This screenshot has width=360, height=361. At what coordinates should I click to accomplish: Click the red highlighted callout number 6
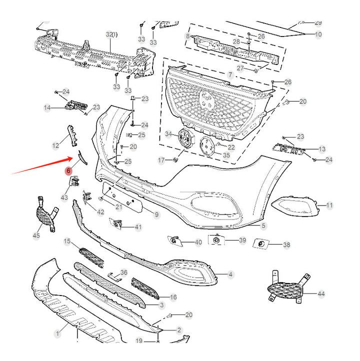(x=68, y=171)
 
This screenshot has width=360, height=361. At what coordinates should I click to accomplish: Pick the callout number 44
(x=320, y=293)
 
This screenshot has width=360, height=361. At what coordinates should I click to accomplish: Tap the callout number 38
(x=286, y=245)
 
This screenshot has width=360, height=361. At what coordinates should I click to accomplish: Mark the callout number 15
(x=67, y=241)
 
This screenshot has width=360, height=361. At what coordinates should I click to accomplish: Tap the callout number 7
(x=230, y=74)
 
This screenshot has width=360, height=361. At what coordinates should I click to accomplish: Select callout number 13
(x=321, y=149)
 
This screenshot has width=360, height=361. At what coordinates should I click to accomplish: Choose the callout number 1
(x=57, y=331)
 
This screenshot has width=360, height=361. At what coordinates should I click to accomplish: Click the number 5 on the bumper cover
(x=263, y=225)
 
